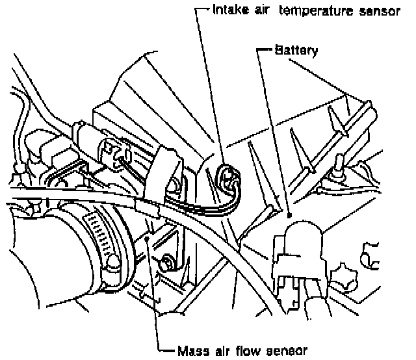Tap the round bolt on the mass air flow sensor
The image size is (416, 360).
[167, 263]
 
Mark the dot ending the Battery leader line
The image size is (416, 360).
[289, 214]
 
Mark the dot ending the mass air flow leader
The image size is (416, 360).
[150, 239]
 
